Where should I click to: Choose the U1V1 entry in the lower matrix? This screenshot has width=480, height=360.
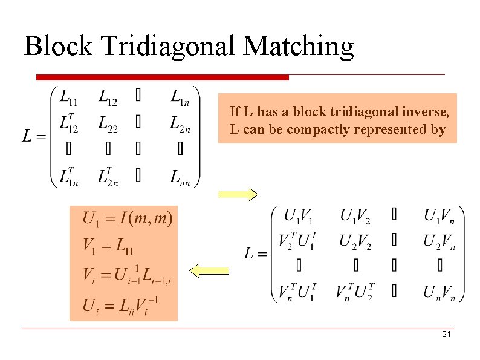(299, 215)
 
